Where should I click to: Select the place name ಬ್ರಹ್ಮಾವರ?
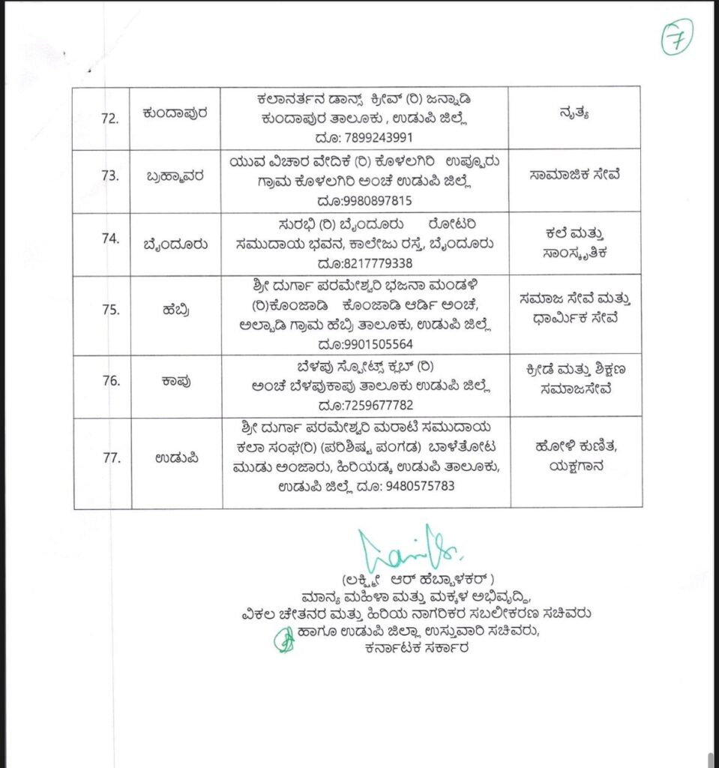pyautogui.click(x=177, y=177)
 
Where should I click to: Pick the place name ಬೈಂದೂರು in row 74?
pyautogui.click(x=177, y=241)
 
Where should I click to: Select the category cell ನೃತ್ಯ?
pyautogui.click(x=575, y=115)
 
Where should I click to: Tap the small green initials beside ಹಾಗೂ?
pyautogui.click(x=285, y=640)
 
